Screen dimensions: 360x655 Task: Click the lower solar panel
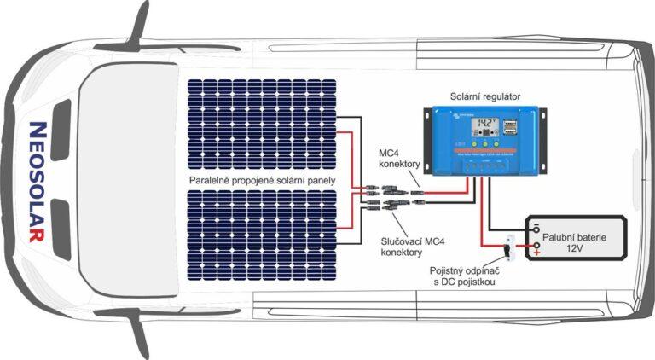point(261,231)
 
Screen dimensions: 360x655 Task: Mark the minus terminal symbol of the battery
point(536,228)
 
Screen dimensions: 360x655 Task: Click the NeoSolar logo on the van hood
point(37,181)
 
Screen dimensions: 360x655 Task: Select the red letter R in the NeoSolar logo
point(36,235)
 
